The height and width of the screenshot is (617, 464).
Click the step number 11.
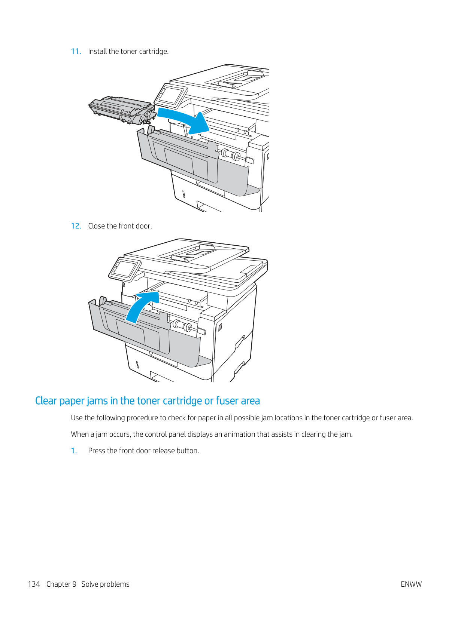click(76, 52)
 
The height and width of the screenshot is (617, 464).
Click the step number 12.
click(76, 226)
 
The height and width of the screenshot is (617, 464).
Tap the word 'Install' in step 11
click(97, 52)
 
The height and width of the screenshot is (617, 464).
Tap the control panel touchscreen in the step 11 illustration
click(171, 95)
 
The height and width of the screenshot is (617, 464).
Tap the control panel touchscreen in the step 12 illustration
click(125, 268)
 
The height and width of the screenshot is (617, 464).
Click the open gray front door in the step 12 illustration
click(150, 337)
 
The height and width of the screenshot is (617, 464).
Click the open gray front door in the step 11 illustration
click(195, 165)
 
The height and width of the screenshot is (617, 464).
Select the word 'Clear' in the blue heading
click(46, 401)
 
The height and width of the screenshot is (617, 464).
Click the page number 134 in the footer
click(34, 584)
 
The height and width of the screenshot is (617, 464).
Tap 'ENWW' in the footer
click(411, 584)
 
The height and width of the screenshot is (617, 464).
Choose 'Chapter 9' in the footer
click(61, 584)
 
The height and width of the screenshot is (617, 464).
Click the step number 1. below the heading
click(74, 451)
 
